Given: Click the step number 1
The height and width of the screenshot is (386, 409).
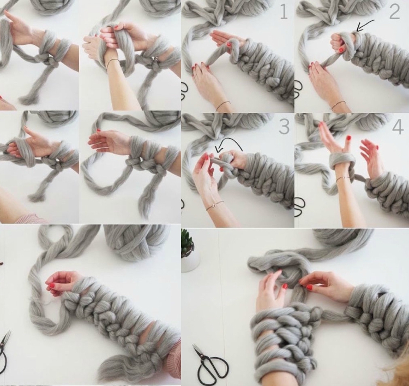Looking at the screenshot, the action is point(284,12).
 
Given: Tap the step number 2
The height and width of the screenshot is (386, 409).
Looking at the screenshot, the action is point(394,12).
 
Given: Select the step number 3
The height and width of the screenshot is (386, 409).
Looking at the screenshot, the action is point(284,127).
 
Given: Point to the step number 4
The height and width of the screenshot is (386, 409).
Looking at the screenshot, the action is point(398,127).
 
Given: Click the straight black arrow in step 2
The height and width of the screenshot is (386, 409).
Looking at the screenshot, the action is point(365,25).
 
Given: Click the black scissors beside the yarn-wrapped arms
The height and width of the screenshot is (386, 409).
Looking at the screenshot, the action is point(210,363).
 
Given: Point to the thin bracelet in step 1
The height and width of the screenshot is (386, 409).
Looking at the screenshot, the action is point(223,105).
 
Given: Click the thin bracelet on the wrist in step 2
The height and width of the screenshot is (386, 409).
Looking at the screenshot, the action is point(339,104).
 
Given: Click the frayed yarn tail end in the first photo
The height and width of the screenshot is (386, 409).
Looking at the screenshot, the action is point(27,99).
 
